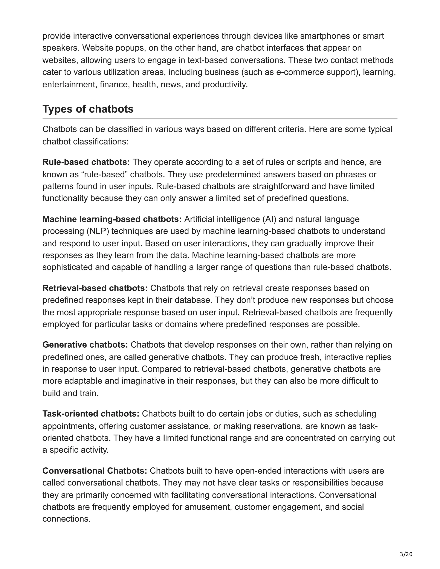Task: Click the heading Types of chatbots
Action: click(88, 109)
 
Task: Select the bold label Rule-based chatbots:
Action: click(86, 162)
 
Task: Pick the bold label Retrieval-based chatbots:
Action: click(95, 288)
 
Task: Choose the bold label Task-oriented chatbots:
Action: click(91, 414)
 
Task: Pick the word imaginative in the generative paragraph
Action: click(147, 381)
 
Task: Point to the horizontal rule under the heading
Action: click(220, 119)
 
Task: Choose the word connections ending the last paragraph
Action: click(66, 519)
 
